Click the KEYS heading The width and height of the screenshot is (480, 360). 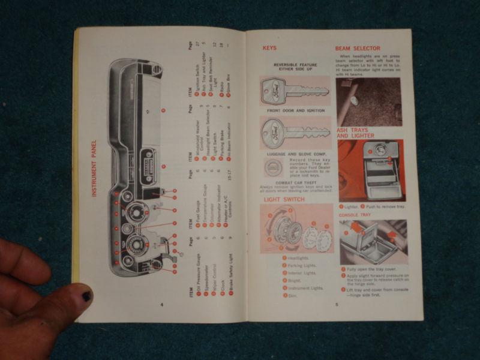(x=269, y=48)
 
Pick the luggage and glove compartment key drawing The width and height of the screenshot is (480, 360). (x=295, y=133)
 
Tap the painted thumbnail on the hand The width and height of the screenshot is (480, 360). (x=86, y=296)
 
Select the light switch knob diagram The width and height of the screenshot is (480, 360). (x=296, y=229)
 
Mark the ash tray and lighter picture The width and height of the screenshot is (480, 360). (x=371, y=170)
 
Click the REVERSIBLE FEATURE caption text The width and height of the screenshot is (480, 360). (x=295, y=67)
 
